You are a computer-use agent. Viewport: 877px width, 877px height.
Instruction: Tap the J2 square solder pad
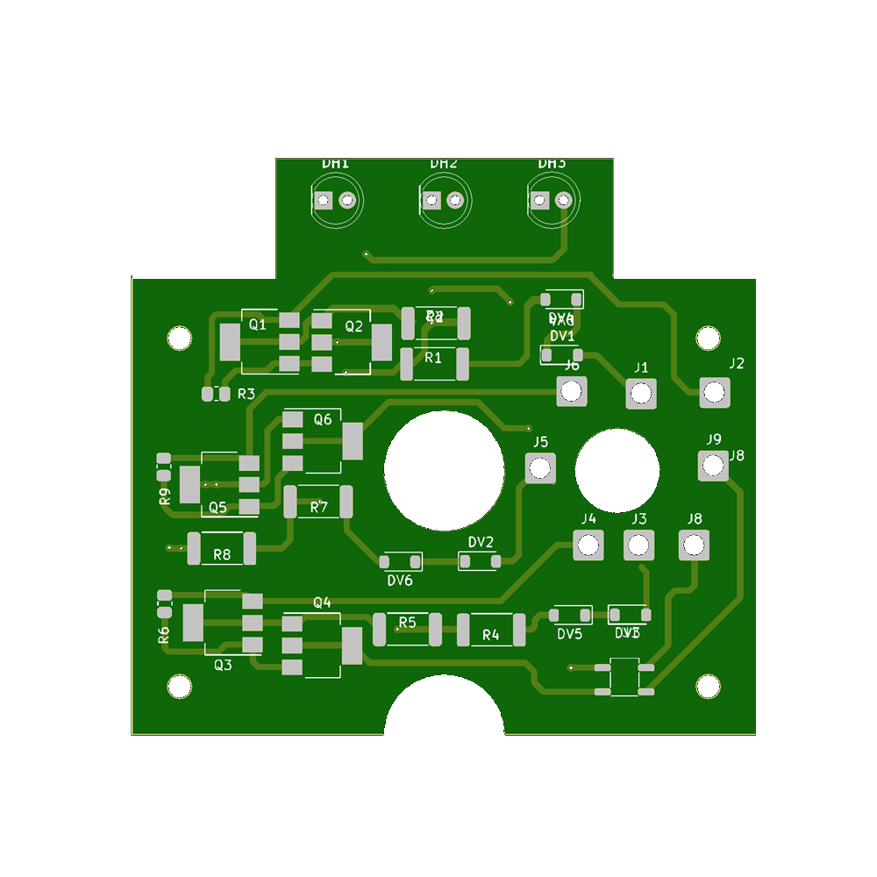click(x=715, y=394)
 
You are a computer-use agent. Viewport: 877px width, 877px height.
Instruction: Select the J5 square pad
click(x=540, y=468)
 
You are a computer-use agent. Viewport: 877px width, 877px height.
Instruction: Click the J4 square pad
click(x=588, y=545)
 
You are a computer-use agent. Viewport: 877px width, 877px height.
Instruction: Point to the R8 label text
click(x=222, y=554)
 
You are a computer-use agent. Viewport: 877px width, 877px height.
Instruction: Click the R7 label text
click(x=319, y=507)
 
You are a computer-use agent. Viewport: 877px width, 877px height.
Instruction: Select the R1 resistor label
click(x=433, y=358)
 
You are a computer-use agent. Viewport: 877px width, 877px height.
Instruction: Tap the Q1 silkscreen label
click(x=257, y=324)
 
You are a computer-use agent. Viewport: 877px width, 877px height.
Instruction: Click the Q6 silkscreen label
click(x=323, y=419)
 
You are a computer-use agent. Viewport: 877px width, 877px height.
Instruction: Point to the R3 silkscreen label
click(x=246, y=394)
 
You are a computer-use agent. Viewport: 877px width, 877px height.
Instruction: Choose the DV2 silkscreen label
click(x=481, y=542)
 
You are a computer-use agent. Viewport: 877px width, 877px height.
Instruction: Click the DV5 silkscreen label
click(x=569, y=634)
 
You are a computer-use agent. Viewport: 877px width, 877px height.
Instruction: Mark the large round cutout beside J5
click(x=444, y=469)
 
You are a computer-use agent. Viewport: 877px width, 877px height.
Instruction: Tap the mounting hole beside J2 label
click(x=707, y=337)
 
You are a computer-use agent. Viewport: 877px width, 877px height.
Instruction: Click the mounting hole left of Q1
click(x=180, y=337)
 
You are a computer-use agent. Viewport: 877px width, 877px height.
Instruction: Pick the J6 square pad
click(x=572, y=391)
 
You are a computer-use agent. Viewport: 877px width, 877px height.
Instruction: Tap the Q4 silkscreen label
click(x=323, y=602)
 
